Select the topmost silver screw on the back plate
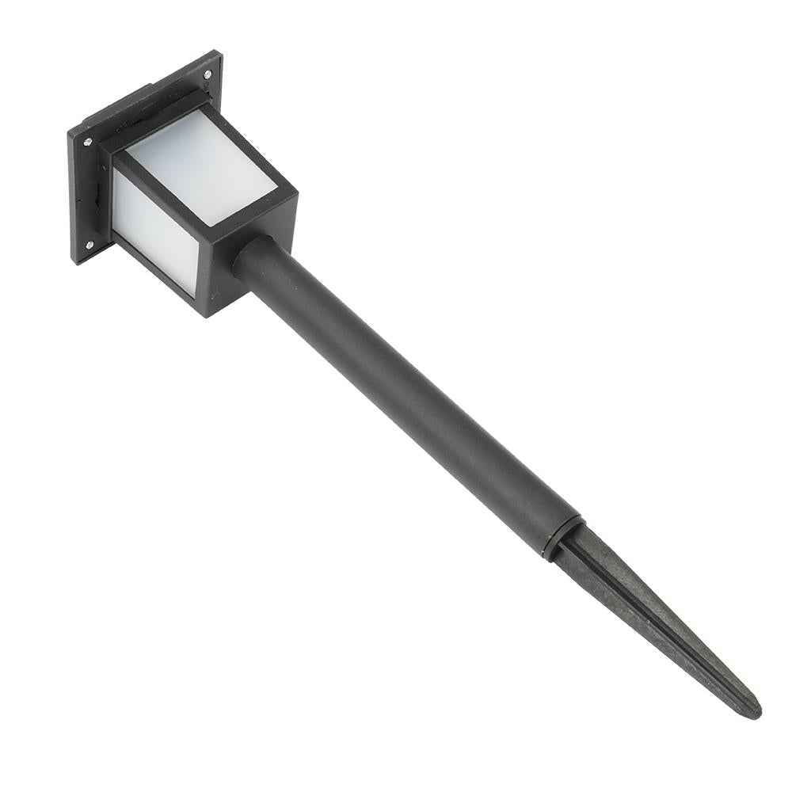point(208,74)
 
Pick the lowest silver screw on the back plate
point(89,244)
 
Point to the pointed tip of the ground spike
point(755,710)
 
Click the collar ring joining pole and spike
point(563,539)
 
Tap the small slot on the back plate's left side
point(96,194)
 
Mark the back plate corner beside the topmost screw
point(217,57)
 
